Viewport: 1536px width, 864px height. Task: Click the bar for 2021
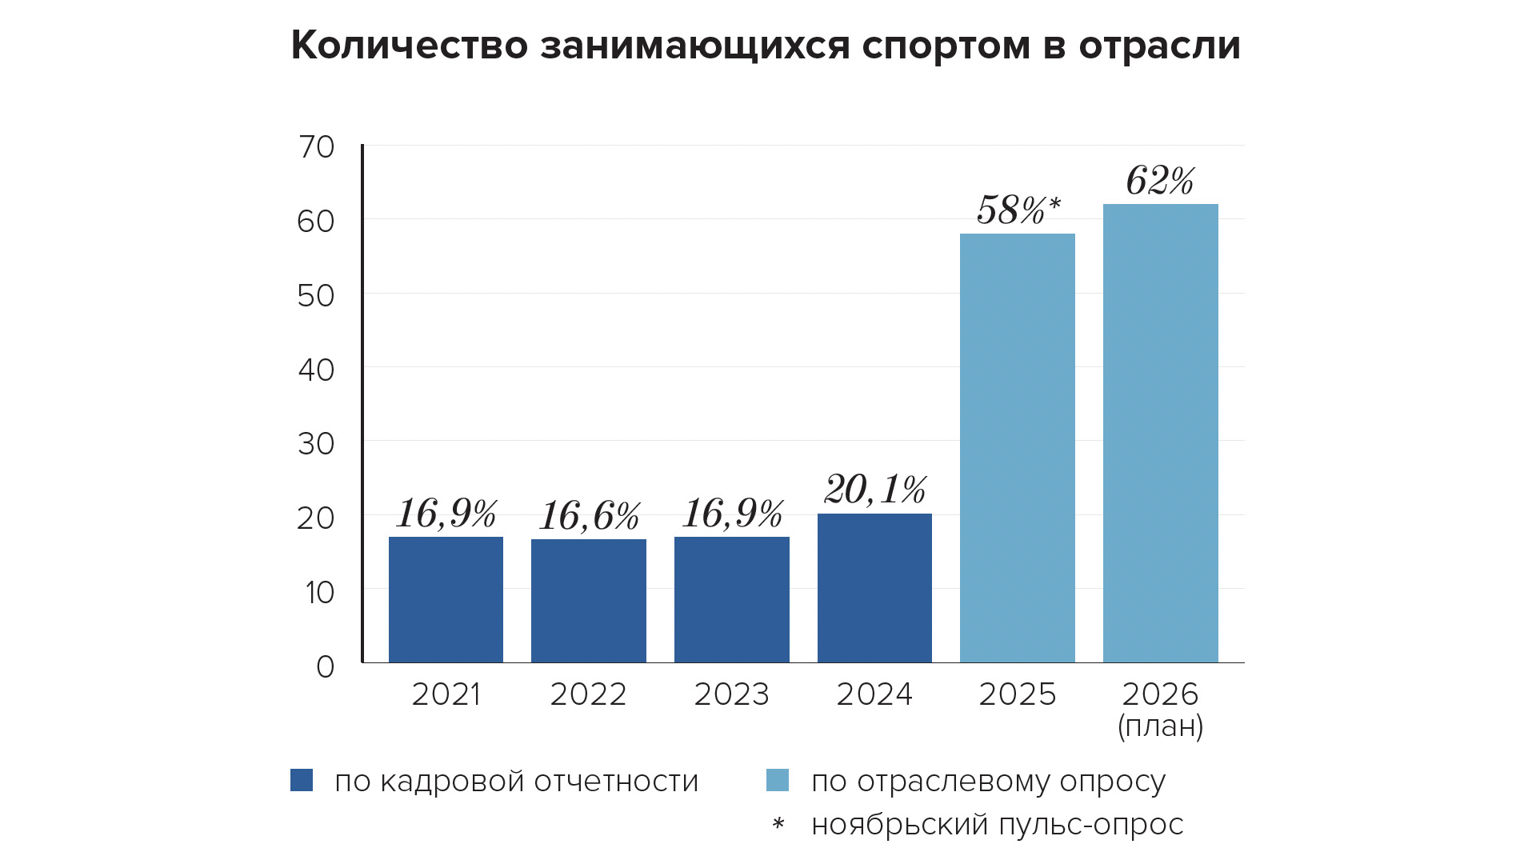446,599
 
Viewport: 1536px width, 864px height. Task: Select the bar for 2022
589,601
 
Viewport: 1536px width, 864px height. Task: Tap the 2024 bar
874,588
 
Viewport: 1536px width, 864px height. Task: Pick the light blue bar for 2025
1018,448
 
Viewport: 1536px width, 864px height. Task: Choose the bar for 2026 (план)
1161,433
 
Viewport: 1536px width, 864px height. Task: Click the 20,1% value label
874,490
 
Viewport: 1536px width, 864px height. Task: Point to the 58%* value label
1018,210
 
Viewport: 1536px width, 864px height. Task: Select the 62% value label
1160,181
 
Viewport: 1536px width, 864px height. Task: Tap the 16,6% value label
589,516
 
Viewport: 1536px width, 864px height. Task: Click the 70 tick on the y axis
316,147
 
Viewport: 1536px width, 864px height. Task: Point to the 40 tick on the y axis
316,370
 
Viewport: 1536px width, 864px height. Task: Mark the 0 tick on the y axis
325,666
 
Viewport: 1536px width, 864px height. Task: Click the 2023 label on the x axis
731,694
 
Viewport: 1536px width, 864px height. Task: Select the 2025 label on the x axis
1018,694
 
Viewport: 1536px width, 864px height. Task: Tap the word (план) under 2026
1160,726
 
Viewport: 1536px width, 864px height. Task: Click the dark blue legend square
302,780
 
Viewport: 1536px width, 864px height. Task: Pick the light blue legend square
778,780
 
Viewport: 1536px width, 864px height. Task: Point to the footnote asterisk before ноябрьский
778,823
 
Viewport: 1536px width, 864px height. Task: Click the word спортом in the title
946,46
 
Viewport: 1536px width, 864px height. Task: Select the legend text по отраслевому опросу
988,782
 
